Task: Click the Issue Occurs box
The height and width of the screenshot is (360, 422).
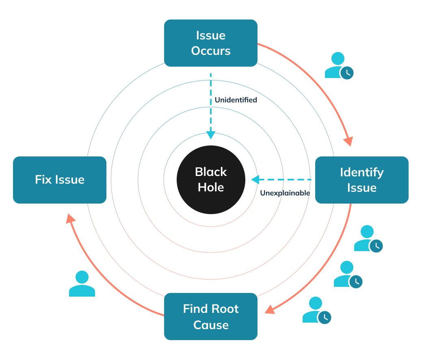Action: click(x=210, y=43)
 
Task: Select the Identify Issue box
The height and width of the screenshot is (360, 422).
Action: click(x=361, y=180)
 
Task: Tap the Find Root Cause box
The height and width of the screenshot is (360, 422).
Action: click(x=210, y=317)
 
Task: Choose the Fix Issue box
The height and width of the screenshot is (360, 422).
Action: click(x=60, y=180)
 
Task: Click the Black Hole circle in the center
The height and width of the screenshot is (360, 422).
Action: click(x=211, y=180)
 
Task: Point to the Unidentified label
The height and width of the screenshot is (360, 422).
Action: click(x=236, y=100)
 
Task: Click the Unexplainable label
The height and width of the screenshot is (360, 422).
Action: click(x=285, y=193)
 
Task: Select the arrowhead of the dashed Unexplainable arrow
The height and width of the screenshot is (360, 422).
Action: click(x=255, y=179)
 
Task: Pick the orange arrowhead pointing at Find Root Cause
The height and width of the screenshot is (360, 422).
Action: click(x=269, y=310)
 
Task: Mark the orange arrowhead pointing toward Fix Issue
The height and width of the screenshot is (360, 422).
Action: click(x=71, y=219)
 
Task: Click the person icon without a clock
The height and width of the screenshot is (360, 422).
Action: click(x=82, y=284)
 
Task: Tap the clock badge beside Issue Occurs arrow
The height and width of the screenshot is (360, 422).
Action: click(x=347, y=73)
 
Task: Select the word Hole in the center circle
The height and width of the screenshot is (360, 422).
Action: click(x=211, y=187)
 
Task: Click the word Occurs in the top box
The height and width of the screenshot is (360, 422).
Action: click(x=211, y=51)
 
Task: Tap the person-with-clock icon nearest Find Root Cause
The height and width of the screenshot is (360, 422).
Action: click(x=317, y=310)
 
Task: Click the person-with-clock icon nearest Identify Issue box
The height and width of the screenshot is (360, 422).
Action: click(x=368, y=238)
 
